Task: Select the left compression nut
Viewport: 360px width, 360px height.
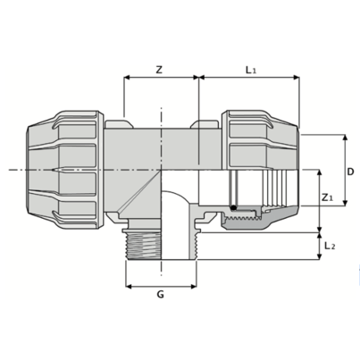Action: [71, 167]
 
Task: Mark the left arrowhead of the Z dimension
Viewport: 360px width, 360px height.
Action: [127, 79]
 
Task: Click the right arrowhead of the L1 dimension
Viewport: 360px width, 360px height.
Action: [297, 79]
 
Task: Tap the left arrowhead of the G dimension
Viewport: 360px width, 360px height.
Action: [127, 288]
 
